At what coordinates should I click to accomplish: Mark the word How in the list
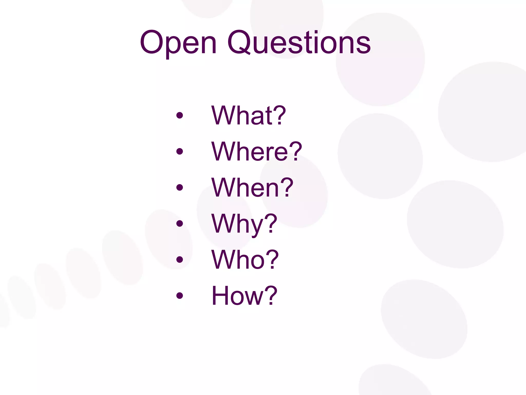click(x=236, y=296)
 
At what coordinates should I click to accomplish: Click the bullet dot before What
click(x=180, y=115)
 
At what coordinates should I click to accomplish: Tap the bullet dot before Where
click(x=180, y=151)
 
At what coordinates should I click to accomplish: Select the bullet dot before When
click(x=180, y=187)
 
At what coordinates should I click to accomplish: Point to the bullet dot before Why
click(x=180, y=223)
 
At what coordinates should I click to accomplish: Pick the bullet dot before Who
click(x=180, y=260)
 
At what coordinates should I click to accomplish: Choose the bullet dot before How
click(x=180, y=296)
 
